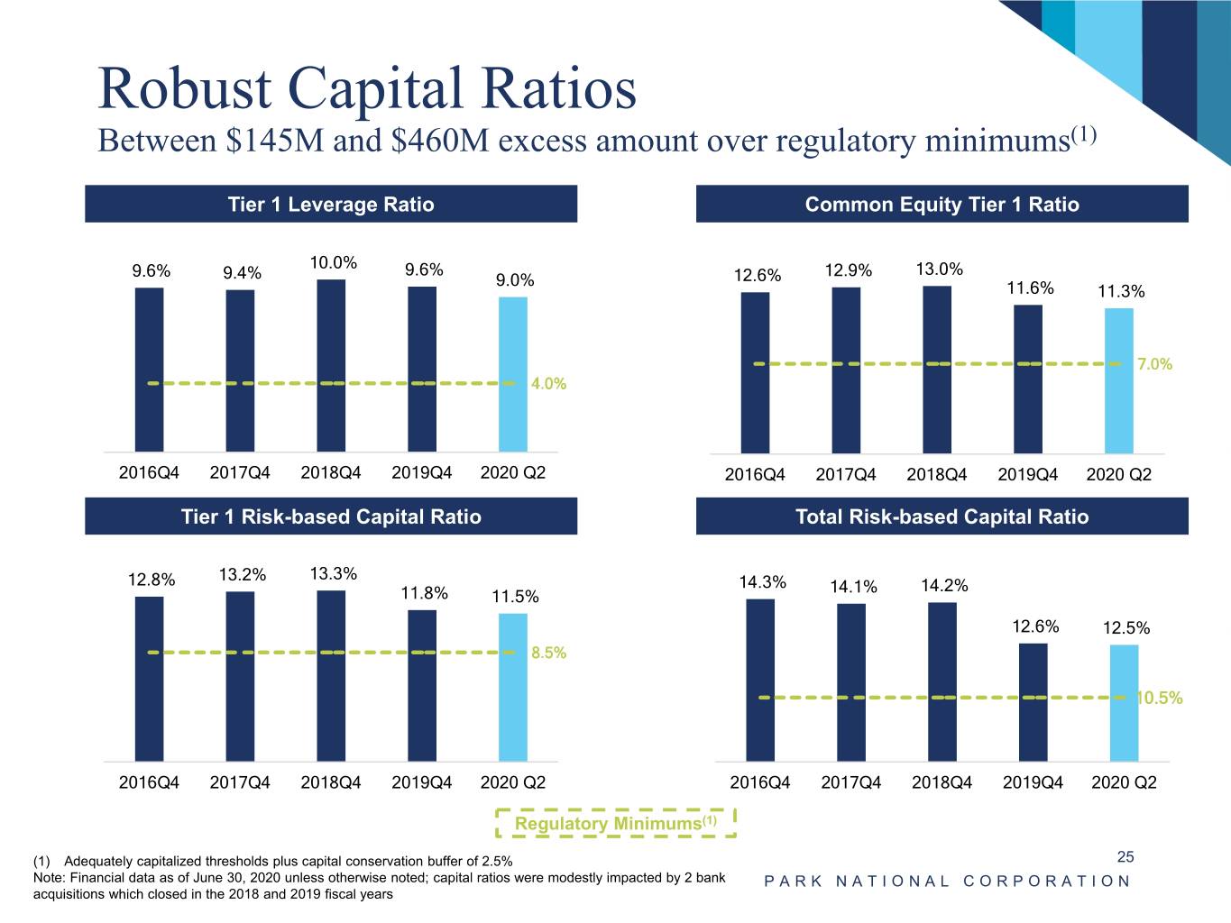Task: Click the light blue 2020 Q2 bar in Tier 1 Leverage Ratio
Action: coord(513,374)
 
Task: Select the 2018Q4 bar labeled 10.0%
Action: coord(331,365)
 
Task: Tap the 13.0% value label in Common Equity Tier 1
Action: coord(939,269)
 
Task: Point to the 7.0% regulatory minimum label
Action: coord(1154,364)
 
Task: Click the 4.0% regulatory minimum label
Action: coord(548,383)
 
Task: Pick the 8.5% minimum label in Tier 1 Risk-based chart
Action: coord(548,653)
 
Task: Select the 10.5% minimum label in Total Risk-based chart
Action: coord(1160,698)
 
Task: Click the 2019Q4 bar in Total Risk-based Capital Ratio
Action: coord(1033,701)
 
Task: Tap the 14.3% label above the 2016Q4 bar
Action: coord(762,582)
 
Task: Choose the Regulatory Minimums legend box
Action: coord(616,823)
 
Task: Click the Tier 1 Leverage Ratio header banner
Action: coord(331,205)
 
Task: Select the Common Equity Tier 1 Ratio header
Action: coord(942,205)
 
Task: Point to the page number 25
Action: coord(1125,856)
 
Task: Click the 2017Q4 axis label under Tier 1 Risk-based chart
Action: coord(240,782)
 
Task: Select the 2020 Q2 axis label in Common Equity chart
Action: coord(1118,474)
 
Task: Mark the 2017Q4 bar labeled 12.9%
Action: coord(846,370)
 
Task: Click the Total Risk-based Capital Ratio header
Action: coord(942,516)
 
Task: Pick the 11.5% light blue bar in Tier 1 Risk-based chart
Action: coord(513,687)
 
